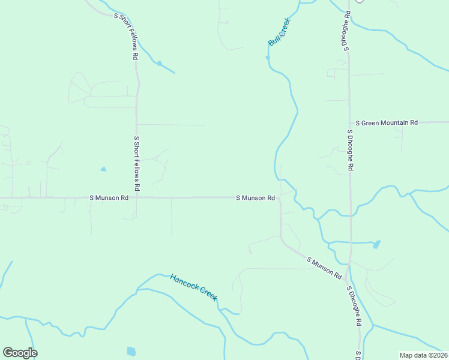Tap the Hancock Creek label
[193, 287]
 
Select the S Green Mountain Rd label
[387, 122]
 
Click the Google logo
[20, 353]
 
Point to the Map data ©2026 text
[423, 355]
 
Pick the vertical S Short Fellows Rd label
[137, 163]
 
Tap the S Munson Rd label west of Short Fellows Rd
[109, 197]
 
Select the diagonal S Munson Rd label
[324, 268]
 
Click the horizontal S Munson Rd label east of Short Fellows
[255, 197]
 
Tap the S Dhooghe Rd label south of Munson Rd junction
[354, 306]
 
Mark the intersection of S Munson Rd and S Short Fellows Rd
[137, 197]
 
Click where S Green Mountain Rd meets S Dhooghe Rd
[350, 122]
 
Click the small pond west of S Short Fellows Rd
[103, 169]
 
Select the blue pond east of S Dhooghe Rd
[376, 244]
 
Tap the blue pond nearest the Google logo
[131, 351]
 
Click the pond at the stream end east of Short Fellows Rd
[160, 63]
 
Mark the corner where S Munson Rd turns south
[280, 199]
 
